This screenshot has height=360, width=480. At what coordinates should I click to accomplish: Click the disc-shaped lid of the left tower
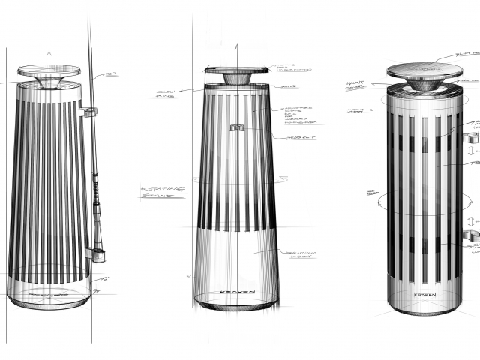click(x=49, y=70)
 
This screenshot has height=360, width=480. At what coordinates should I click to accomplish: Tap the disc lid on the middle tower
click(x=237, y=70)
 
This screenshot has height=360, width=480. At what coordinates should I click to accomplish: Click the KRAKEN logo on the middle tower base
click(x=237, y=292)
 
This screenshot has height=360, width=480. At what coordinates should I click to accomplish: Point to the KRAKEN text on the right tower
click(x=424, y=295)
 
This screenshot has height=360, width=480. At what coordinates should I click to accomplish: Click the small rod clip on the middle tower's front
click(x=237, y=127)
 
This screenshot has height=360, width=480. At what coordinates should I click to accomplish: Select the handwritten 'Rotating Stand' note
click(x=161, y=192)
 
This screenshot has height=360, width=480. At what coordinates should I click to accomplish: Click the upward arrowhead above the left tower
click(x=49, y=54)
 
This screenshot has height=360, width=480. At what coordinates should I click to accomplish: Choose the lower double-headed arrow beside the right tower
click(x=472, y=222)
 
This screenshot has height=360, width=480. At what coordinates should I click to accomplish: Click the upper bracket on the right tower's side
click(x=471, y=137)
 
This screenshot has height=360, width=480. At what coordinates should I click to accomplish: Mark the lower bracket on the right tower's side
click(x=471, y=236)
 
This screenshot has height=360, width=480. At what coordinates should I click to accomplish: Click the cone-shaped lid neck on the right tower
click(x=424, y=85)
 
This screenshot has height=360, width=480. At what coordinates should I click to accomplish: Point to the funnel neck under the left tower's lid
click(x=49, y=82)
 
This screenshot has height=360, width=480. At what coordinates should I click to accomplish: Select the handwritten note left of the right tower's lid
click(x=355, y=85)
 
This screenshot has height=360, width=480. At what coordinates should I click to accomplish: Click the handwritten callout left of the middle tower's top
click(x=166, y=94)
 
